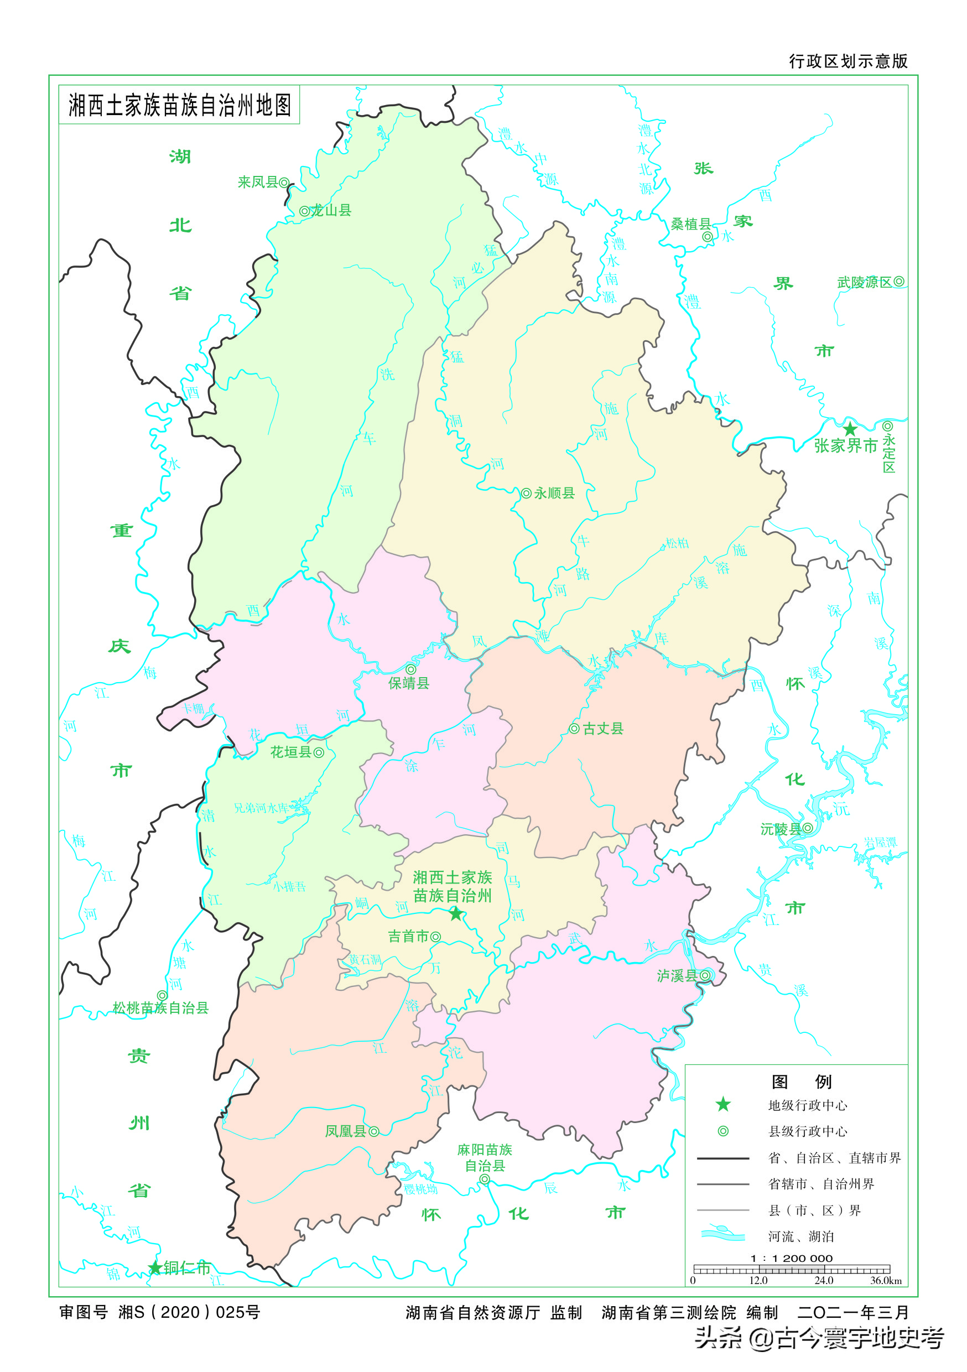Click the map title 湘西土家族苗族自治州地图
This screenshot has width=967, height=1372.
point(179,105)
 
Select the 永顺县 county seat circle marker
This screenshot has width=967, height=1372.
point(526,493)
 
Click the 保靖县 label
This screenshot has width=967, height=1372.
point(409,683)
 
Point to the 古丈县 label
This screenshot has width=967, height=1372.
point(602,729)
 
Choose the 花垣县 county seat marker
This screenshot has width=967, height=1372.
point(319,752)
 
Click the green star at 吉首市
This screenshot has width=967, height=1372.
point(456,914)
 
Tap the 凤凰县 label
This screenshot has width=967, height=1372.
point(345,1131)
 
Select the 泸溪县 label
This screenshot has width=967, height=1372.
point(677,976)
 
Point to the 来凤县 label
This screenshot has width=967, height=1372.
point(258,182)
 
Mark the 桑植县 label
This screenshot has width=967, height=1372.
point(690,224)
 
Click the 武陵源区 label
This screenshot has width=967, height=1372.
point(864,282)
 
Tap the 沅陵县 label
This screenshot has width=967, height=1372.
point(781,829)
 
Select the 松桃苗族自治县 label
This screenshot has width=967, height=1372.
point(160,1008)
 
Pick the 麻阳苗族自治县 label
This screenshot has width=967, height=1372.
point(485,1157)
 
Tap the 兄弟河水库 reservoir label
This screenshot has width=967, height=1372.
point(261,808)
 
